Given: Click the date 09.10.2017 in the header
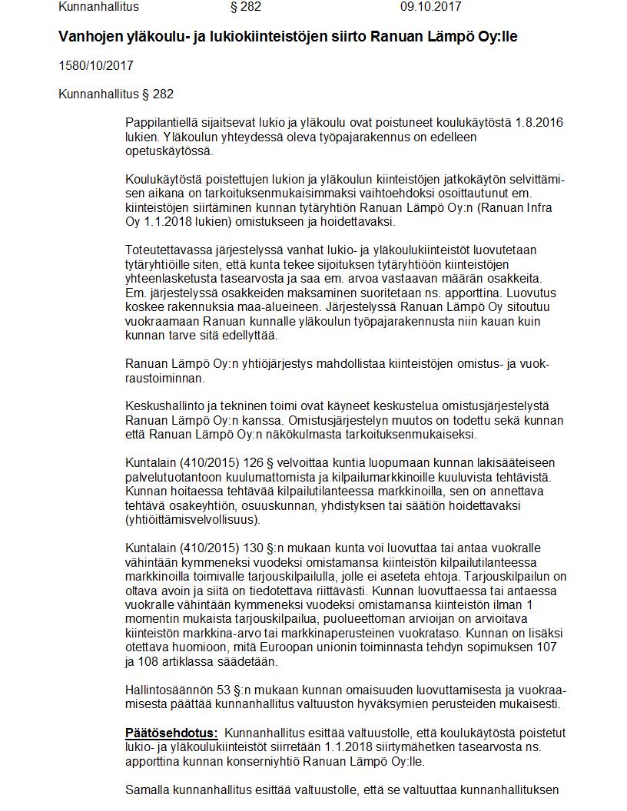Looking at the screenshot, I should click(x=430, y=7).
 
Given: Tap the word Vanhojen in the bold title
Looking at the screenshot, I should click(x=90, y=37).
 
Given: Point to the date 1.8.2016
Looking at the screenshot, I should click(x=539, y=123).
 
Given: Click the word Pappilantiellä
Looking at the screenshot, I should click(x=161, y=123).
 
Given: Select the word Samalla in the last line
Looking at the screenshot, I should click(x=147, y=789).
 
